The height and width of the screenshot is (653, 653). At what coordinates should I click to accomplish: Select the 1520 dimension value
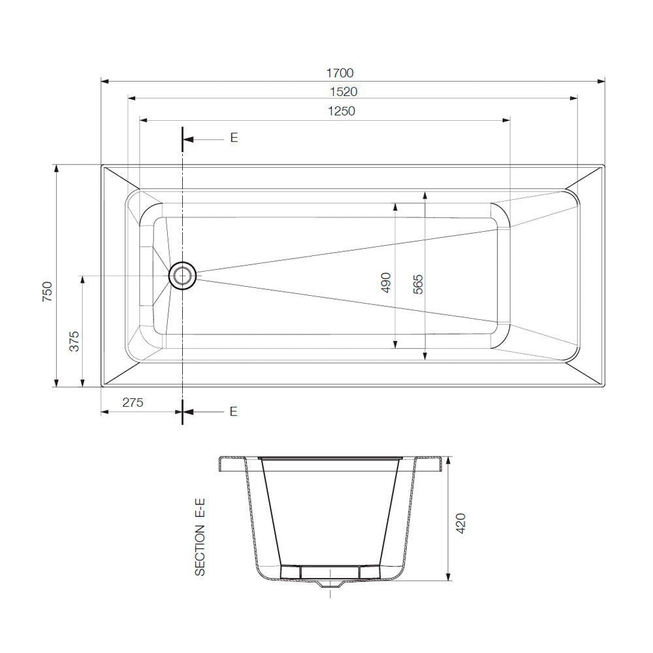point(344,91)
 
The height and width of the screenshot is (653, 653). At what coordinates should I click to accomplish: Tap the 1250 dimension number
point(342,111)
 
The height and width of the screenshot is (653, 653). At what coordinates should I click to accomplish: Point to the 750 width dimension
point(46,290)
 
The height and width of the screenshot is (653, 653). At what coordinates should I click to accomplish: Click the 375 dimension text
point(74,341)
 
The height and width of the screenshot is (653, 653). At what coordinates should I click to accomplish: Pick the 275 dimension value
point(133,403)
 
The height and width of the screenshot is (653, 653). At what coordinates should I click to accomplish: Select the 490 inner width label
point(385,282)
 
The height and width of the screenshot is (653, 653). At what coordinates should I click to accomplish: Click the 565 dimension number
point(418,285)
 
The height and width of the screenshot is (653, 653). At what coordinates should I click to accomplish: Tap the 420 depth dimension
point(460,524)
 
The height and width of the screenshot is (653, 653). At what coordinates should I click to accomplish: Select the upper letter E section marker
point(233,138)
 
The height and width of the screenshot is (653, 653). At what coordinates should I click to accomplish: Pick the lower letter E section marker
point(233,411)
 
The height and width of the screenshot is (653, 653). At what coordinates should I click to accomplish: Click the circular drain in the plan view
point(182,276)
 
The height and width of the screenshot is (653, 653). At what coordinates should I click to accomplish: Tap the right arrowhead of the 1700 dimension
point(601,82)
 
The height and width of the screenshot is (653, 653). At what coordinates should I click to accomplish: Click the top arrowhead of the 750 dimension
point(57,168)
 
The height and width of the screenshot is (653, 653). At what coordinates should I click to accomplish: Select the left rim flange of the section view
point(230,463)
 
